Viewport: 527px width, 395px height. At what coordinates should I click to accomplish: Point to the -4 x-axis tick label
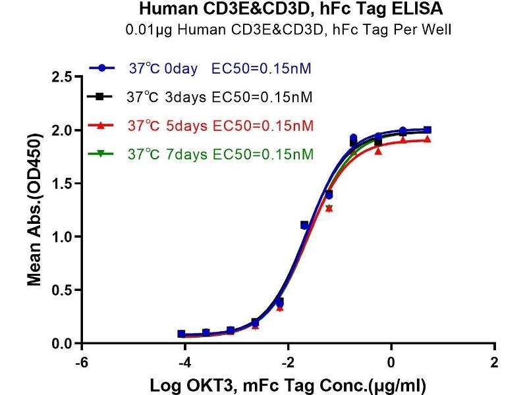184,363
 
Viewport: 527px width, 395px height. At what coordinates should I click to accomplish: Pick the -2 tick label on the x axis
287,363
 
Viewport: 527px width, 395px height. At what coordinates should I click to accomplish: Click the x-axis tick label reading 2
495,363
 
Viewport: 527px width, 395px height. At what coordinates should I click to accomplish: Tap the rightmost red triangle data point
428,140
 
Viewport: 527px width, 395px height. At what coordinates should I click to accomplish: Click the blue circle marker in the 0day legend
102,68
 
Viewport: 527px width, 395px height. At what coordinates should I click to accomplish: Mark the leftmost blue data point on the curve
182,334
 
